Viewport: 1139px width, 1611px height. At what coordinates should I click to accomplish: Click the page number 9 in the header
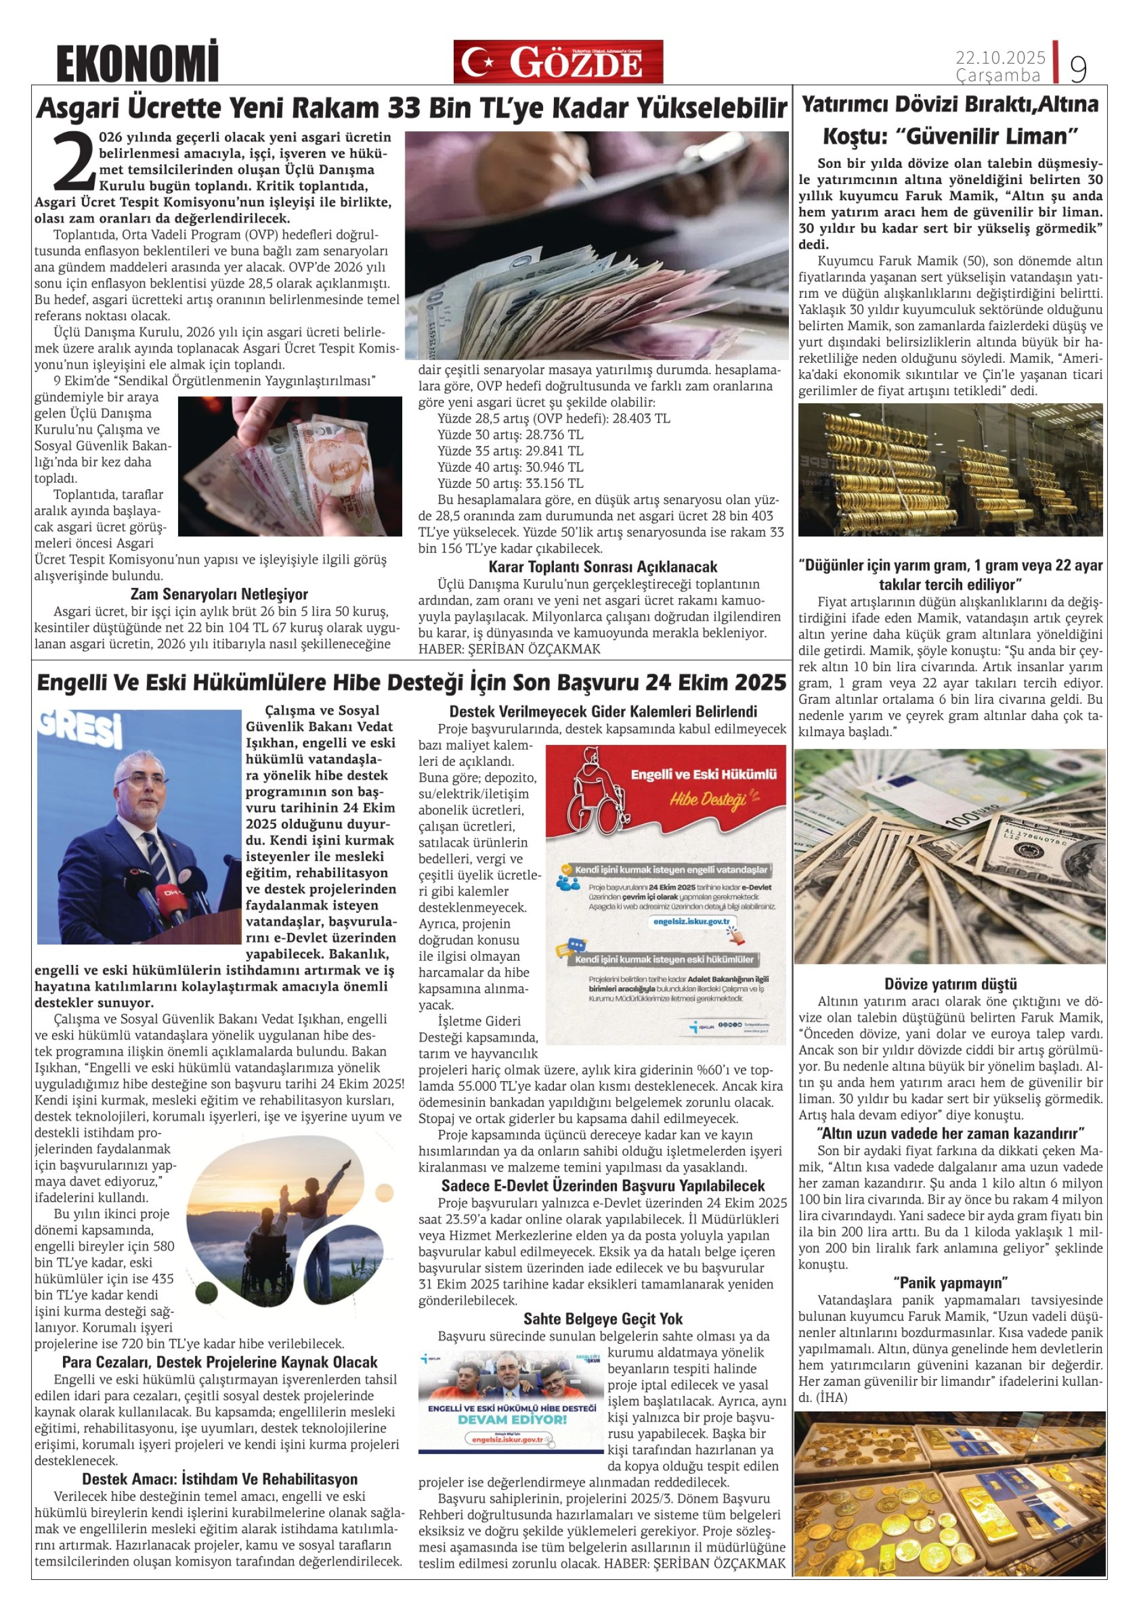coord(1078,68)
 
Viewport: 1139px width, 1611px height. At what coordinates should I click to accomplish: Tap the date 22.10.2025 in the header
coord(1000,58)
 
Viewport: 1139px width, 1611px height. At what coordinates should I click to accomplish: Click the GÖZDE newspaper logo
coord(558,62)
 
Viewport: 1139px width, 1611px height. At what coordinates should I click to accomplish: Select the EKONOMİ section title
coord(137,62)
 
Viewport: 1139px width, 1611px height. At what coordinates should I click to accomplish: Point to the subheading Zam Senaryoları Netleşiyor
coord(219,595)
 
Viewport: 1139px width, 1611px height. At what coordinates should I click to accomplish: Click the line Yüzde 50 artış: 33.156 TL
coord(510,484)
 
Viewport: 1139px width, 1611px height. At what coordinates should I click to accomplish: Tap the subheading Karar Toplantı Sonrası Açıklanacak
coord(603,566)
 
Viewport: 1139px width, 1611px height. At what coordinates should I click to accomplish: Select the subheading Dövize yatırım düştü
coord(950,984)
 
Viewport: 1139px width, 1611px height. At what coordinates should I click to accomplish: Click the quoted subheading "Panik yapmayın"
coord(950,1283)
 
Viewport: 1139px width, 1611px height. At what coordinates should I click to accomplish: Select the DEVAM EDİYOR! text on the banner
coord(511,1419)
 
